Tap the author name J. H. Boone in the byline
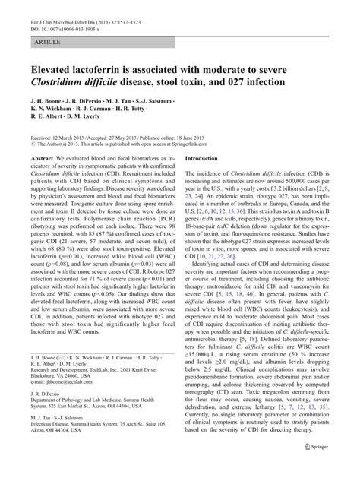coord(48,103)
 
